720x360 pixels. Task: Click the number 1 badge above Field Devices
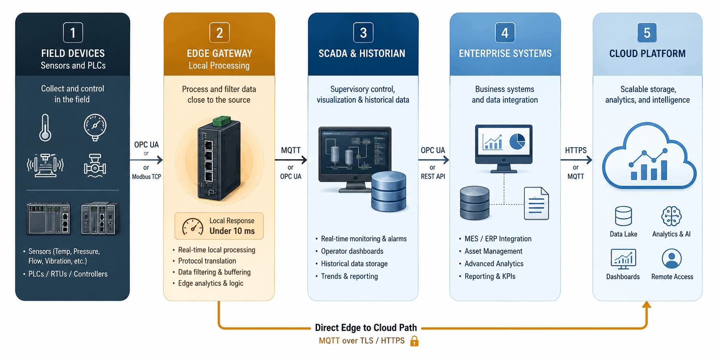point(73,32)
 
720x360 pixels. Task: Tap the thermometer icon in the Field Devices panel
point(45,127)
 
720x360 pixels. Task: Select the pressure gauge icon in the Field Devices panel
point(95,127)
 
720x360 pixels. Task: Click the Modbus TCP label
point(147,177)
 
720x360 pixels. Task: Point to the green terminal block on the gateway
point(222,121)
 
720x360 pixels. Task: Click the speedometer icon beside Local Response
point(193,226)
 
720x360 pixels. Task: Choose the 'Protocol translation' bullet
point(207,261)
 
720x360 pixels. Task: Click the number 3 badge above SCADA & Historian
point(363,32)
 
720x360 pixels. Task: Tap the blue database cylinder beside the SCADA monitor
point(389,191)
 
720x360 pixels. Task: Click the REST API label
point(433,177)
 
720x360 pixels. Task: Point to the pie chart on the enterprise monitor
point(517,141)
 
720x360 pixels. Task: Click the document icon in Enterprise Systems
point(537,203)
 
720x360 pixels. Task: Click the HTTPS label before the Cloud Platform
point(576,150)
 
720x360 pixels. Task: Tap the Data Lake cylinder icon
point(623,216)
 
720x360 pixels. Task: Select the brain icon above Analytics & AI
point(671,216)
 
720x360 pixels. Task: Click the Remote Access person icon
point(672,259)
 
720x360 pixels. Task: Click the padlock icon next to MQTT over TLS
point(414,341)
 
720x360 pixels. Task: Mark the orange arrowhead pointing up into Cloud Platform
point(647,304)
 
